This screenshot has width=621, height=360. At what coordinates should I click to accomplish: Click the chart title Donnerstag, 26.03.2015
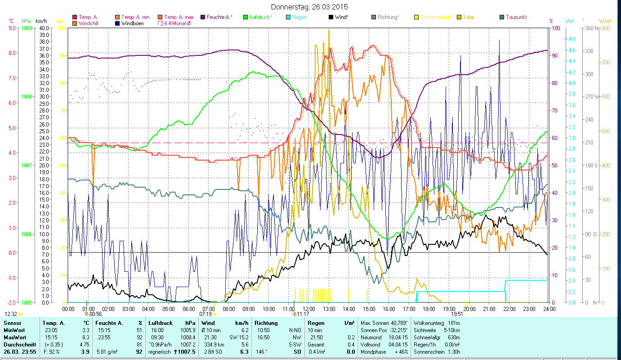pyautogui.click(x=310, y=7)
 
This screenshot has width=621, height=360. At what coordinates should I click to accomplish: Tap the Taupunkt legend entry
pyautogui.click(x=516, y=17)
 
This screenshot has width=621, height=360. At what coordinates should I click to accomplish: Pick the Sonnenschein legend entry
pyautogui.click(x=435, y=17)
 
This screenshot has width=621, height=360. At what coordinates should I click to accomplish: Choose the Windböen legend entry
pyautogui.click(x=132, y=23)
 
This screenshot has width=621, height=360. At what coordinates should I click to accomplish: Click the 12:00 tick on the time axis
pyautogui.click(x=309, y=309)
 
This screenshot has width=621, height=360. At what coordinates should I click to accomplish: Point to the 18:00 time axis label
pyautogui.click(x=429, y=309)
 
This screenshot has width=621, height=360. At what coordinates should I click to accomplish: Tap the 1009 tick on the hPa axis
pyautogui.click(x=27, y=28)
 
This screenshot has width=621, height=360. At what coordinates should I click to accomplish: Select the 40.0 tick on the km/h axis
pyautogui.click(x=44, y=28)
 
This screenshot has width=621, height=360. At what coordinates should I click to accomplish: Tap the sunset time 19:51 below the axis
pyautogui.click(x=457, y=314)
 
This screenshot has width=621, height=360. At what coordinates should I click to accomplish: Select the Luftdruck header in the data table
pyautogui.click(x=161, y=323)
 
